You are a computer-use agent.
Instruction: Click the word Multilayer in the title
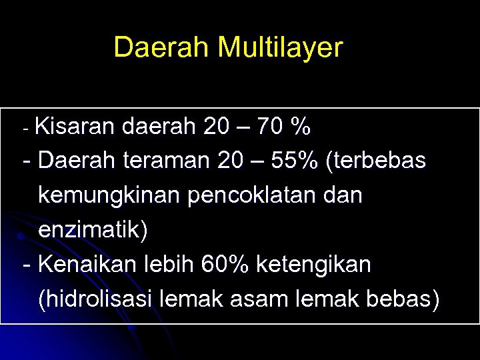[280, 48]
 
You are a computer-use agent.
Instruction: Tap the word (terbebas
[376, 161]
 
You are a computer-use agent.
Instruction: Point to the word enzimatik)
[93, 230]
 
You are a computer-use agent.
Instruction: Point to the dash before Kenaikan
[26, 266]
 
